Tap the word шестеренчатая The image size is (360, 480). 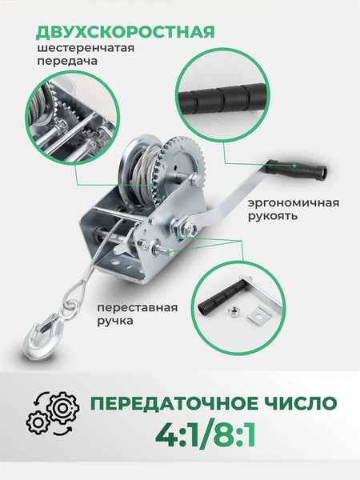(x=81, y=49)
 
